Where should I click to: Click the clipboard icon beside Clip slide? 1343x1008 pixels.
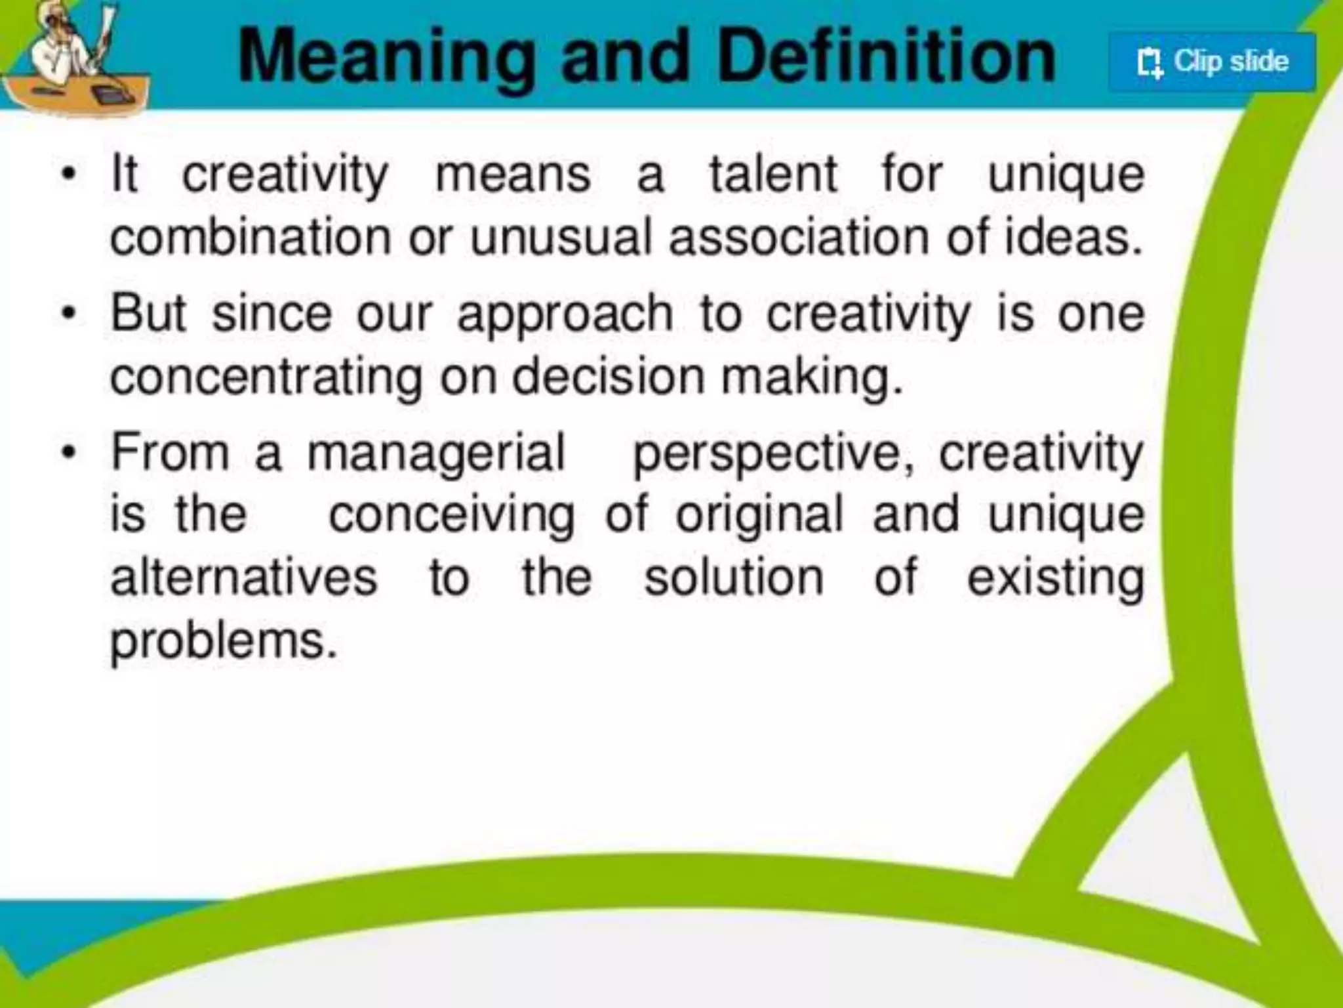click(x=1149, y=63)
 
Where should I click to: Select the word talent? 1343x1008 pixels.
click(x=773, y=175)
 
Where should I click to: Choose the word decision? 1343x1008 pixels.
click(x=607, y=377)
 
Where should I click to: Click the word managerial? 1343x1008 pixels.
click(x=436, y=453)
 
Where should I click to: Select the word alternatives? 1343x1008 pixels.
click(x=244, y=577)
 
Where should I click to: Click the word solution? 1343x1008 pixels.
click(x=733, y=577)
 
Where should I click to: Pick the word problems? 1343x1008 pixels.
click(x=223, y=642)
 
